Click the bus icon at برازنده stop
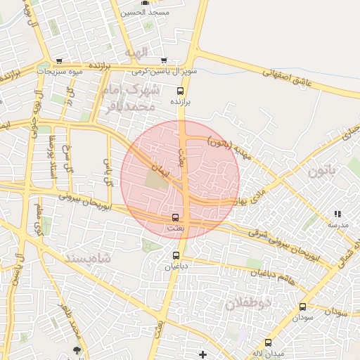click(x=180, y=91)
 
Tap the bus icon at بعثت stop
click(x=175, y=217)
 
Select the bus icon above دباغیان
click(x=176, y=255)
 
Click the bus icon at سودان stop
click(x=303, y=307)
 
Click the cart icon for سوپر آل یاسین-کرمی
click(x=165, y=60)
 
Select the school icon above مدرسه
click(x=337, y=214)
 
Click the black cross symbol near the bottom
click(x=203, y=354)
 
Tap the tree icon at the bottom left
click(x=76, y=349)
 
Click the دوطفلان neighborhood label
click(x=249, y=304)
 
